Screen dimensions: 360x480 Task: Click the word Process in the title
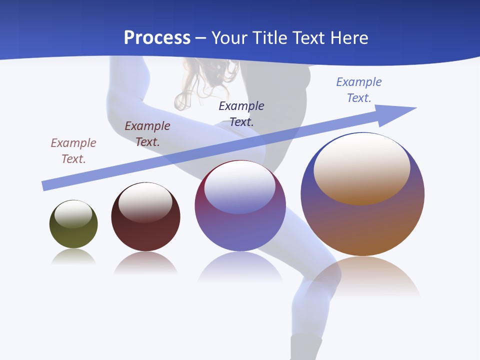click(x=157, y=38)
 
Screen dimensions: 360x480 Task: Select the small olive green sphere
click(x=73, y=230)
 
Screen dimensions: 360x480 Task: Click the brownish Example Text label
click(x=73, y=150)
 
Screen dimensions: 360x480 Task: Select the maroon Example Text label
click(x=147, y=133)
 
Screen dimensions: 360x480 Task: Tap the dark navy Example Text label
click(x=241, y=113)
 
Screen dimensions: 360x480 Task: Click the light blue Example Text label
click(x=359, y=89)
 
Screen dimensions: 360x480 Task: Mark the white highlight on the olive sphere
click(x=73, y=213)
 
